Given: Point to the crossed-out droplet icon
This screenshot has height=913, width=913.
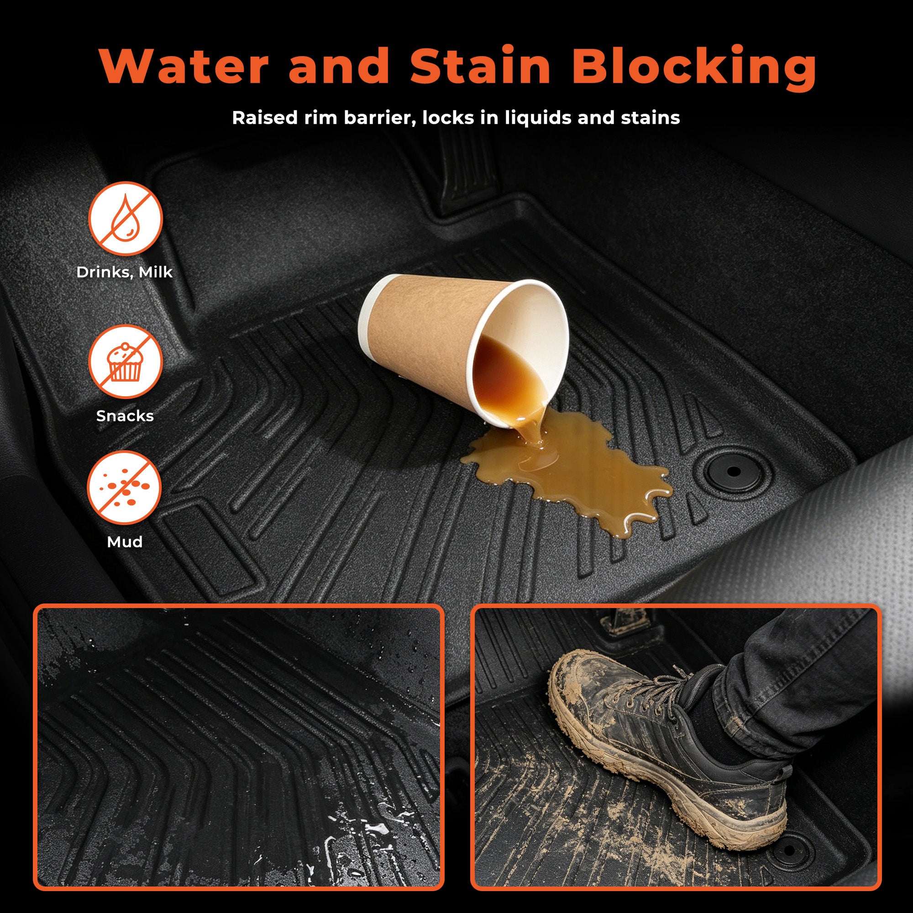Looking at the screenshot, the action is coord(126,219).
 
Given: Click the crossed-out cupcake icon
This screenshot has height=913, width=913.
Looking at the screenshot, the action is coord(126,362).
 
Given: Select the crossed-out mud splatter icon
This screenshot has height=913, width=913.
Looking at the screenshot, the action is coord(125,488).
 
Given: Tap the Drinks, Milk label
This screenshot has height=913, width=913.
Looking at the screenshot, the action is coord(125,272).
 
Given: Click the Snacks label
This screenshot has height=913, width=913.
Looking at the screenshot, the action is coord(125,416).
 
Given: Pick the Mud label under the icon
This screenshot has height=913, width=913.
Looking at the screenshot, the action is coord(125,541).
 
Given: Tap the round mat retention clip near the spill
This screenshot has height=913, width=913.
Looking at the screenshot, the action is coord(733,471).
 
